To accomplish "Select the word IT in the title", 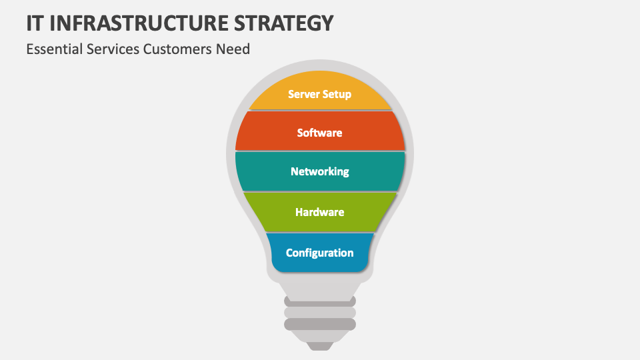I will (x=36, y=23).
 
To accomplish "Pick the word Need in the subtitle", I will (x=233, y=49).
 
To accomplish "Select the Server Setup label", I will (x=319, y=94).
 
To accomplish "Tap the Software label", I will (x=319, y=133).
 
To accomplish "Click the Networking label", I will (x=319, y=171).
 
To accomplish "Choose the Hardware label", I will (x=319, y=212).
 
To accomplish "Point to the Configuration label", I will (x=319, y=253).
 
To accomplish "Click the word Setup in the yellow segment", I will (x=337, y=95).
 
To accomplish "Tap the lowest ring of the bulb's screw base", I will (x=320, y=325).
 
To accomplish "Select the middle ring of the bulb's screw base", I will (x=320, y=313).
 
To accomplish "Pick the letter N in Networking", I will (x=295, y=171).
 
